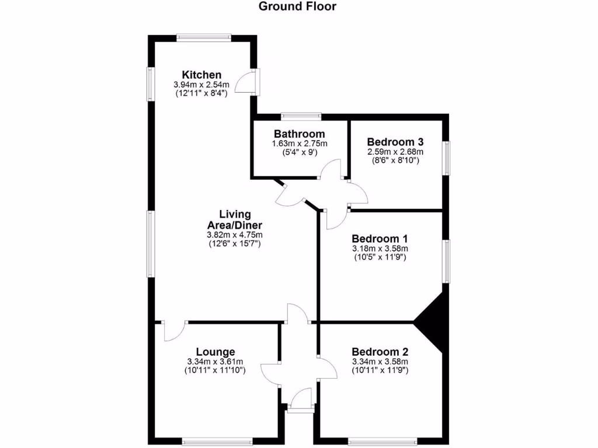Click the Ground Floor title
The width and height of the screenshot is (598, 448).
(x=298, y=7)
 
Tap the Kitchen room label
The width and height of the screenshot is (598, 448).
(x=201, y=75)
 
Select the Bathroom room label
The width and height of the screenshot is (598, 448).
(x=299, y=134)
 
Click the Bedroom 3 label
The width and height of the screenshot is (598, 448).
(x=395, y=142)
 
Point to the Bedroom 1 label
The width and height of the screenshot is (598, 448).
(x=380, y=239)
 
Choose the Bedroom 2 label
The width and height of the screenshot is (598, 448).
(x=380, y=352)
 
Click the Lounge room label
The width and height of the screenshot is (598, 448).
(x=215, y=352)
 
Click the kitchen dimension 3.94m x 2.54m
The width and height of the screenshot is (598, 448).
(x=201, y=85)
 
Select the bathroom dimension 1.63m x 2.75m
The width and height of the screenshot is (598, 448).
(x=299, y=143)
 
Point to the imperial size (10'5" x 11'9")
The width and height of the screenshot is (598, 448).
(x=380, y=257)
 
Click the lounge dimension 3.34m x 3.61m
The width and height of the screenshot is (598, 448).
(x=215, y=361)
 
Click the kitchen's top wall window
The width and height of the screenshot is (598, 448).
(x=204, y=38)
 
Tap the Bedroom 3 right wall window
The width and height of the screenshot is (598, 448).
(x=447, y=157)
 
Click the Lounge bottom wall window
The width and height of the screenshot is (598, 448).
(x=217, y=442)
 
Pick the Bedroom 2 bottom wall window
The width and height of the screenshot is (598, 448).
(x=383, y=442)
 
